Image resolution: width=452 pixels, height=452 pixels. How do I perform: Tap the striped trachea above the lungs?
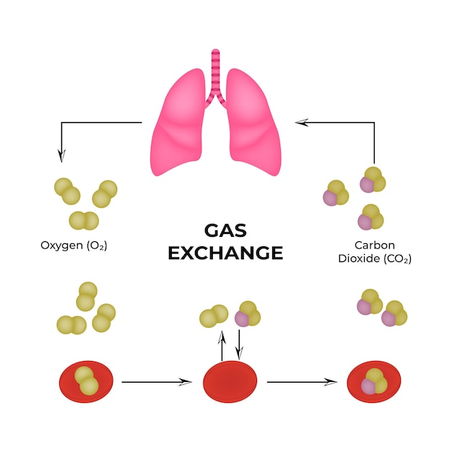(215, 72)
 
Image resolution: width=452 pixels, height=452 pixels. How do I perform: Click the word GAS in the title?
(225, 230)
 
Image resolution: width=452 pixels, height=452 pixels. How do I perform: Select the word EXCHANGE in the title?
(225, 253)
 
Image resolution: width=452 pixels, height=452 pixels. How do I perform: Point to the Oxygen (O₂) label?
(74, 245)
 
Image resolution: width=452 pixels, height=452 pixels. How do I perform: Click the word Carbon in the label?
(373, 245)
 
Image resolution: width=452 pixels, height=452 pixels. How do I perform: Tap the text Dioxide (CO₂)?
(375, 258)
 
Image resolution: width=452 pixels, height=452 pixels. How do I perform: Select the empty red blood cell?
(230, 381)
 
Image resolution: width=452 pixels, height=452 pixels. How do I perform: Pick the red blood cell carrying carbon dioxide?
(375, 381)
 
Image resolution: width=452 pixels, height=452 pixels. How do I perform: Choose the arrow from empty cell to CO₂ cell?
(302, 381)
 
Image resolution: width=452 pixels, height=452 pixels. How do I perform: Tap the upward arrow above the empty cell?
(222, 344)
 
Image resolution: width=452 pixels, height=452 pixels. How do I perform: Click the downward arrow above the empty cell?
(239, 344)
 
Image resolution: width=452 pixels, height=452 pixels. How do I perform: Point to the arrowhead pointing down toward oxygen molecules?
(61, 155)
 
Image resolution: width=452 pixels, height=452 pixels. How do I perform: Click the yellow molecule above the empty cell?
(214, 316)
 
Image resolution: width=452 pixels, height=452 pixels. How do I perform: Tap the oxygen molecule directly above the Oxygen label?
(84, 220)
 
